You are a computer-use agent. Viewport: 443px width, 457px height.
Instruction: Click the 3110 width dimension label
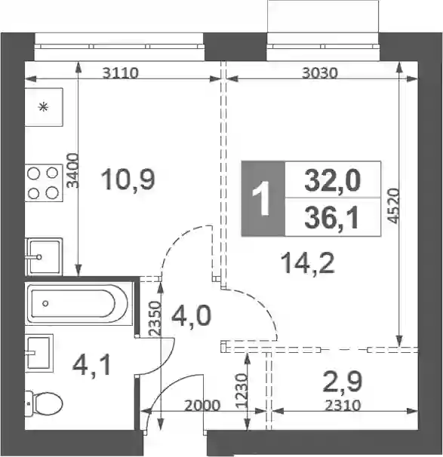pyautogui.click(x=121, y=73)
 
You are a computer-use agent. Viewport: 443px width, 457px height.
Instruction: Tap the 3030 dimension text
pyautogui.click(x=320, y=73)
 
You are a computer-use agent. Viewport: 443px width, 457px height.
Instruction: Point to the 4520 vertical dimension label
pyautogui.click(x=393, y=206)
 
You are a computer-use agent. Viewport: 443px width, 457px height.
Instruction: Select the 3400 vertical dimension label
pyautogui.click(x=72, y=170)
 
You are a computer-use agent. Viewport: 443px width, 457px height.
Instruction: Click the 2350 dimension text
pyautogui.click(x=155, y=318)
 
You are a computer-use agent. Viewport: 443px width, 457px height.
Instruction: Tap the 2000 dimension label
pyautogui.click(x=202, y=406)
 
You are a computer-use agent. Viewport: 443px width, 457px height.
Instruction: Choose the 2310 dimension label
pyautogui.click(x=343, y=405)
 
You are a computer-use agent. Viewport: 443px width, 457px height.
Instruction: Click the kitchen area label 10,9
pyautogui.click(x=128, y=179)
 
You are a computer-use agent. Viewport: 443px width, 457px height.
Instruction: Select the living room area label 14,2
pyautogui.click(x=308, y=263)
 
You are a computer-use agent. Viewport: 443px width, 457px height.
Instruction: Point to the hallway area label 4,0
pyautogui.click(x=191, y=317)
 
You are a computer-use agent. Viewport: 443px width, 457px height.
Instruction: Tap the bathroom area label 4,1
pyautogui.click(x=92, y=366)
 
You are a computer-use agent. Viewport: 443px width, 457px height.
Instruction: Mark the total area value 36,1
pyautogui.click(x=331, y=218)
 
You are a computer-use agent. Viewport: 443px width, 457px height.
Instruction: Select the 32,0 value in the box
pyautogui.click(x=333, y=181)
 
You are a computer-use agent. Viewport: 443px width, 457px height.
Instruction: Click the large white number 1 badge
pyautogui.click(x=262, y=198)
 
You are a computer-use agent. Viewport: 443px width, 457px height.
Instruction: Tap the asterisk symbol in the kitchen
pyautogui.click(x=44, y=108)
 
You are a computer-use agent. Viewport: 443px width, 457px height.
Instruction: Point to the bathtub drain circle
pyautogui.click(x=45, y=304)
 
